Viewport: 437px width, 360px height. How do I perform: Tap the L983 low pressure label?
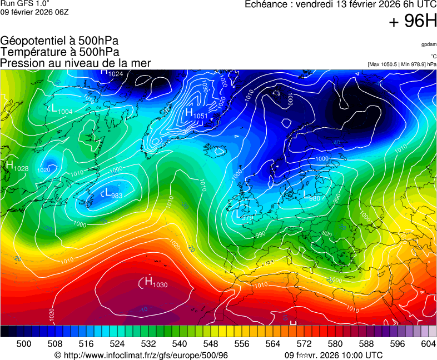pyautogui.click(x=113, y=193)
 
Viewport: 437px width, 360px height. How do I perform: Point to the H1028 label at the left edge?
pyautogui.click(x=17, y=166)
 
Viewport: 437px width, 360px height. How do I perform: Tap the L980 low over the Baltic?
pyautogui.click(x=311, y=197)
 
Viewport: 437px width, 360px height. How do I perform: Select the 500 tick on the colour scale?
pyautogui.click(x=24, y=344)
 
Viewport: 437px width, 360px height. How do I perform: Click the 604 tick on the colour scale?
pyautogui.click(x=428, y=344)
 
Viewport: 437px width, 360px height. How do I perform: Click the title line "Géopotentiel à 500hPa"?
pyautogui.click(x=59, y=41)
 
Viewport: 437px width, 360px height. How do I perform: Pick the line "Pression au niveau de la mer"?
pyautogui.click(x=76, y=63)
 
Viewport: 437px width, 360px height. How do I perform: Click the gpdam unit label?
pyautogui.click(x=429, y=44)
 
